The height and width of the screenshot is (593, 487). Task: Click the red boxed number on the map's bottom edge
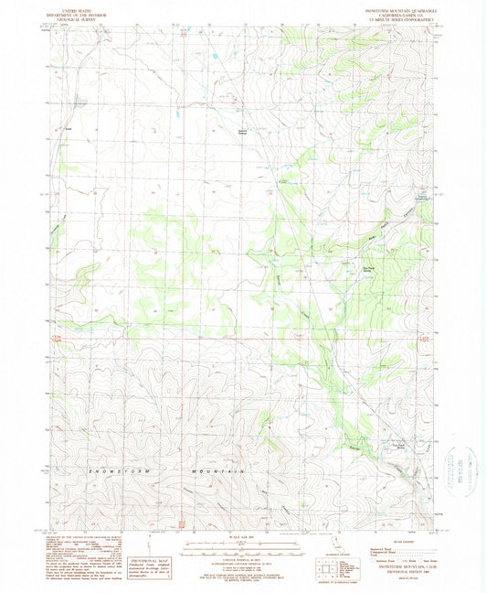point(181,525)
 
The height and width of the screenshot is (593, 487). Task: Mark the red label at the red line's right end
point(422,339)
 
